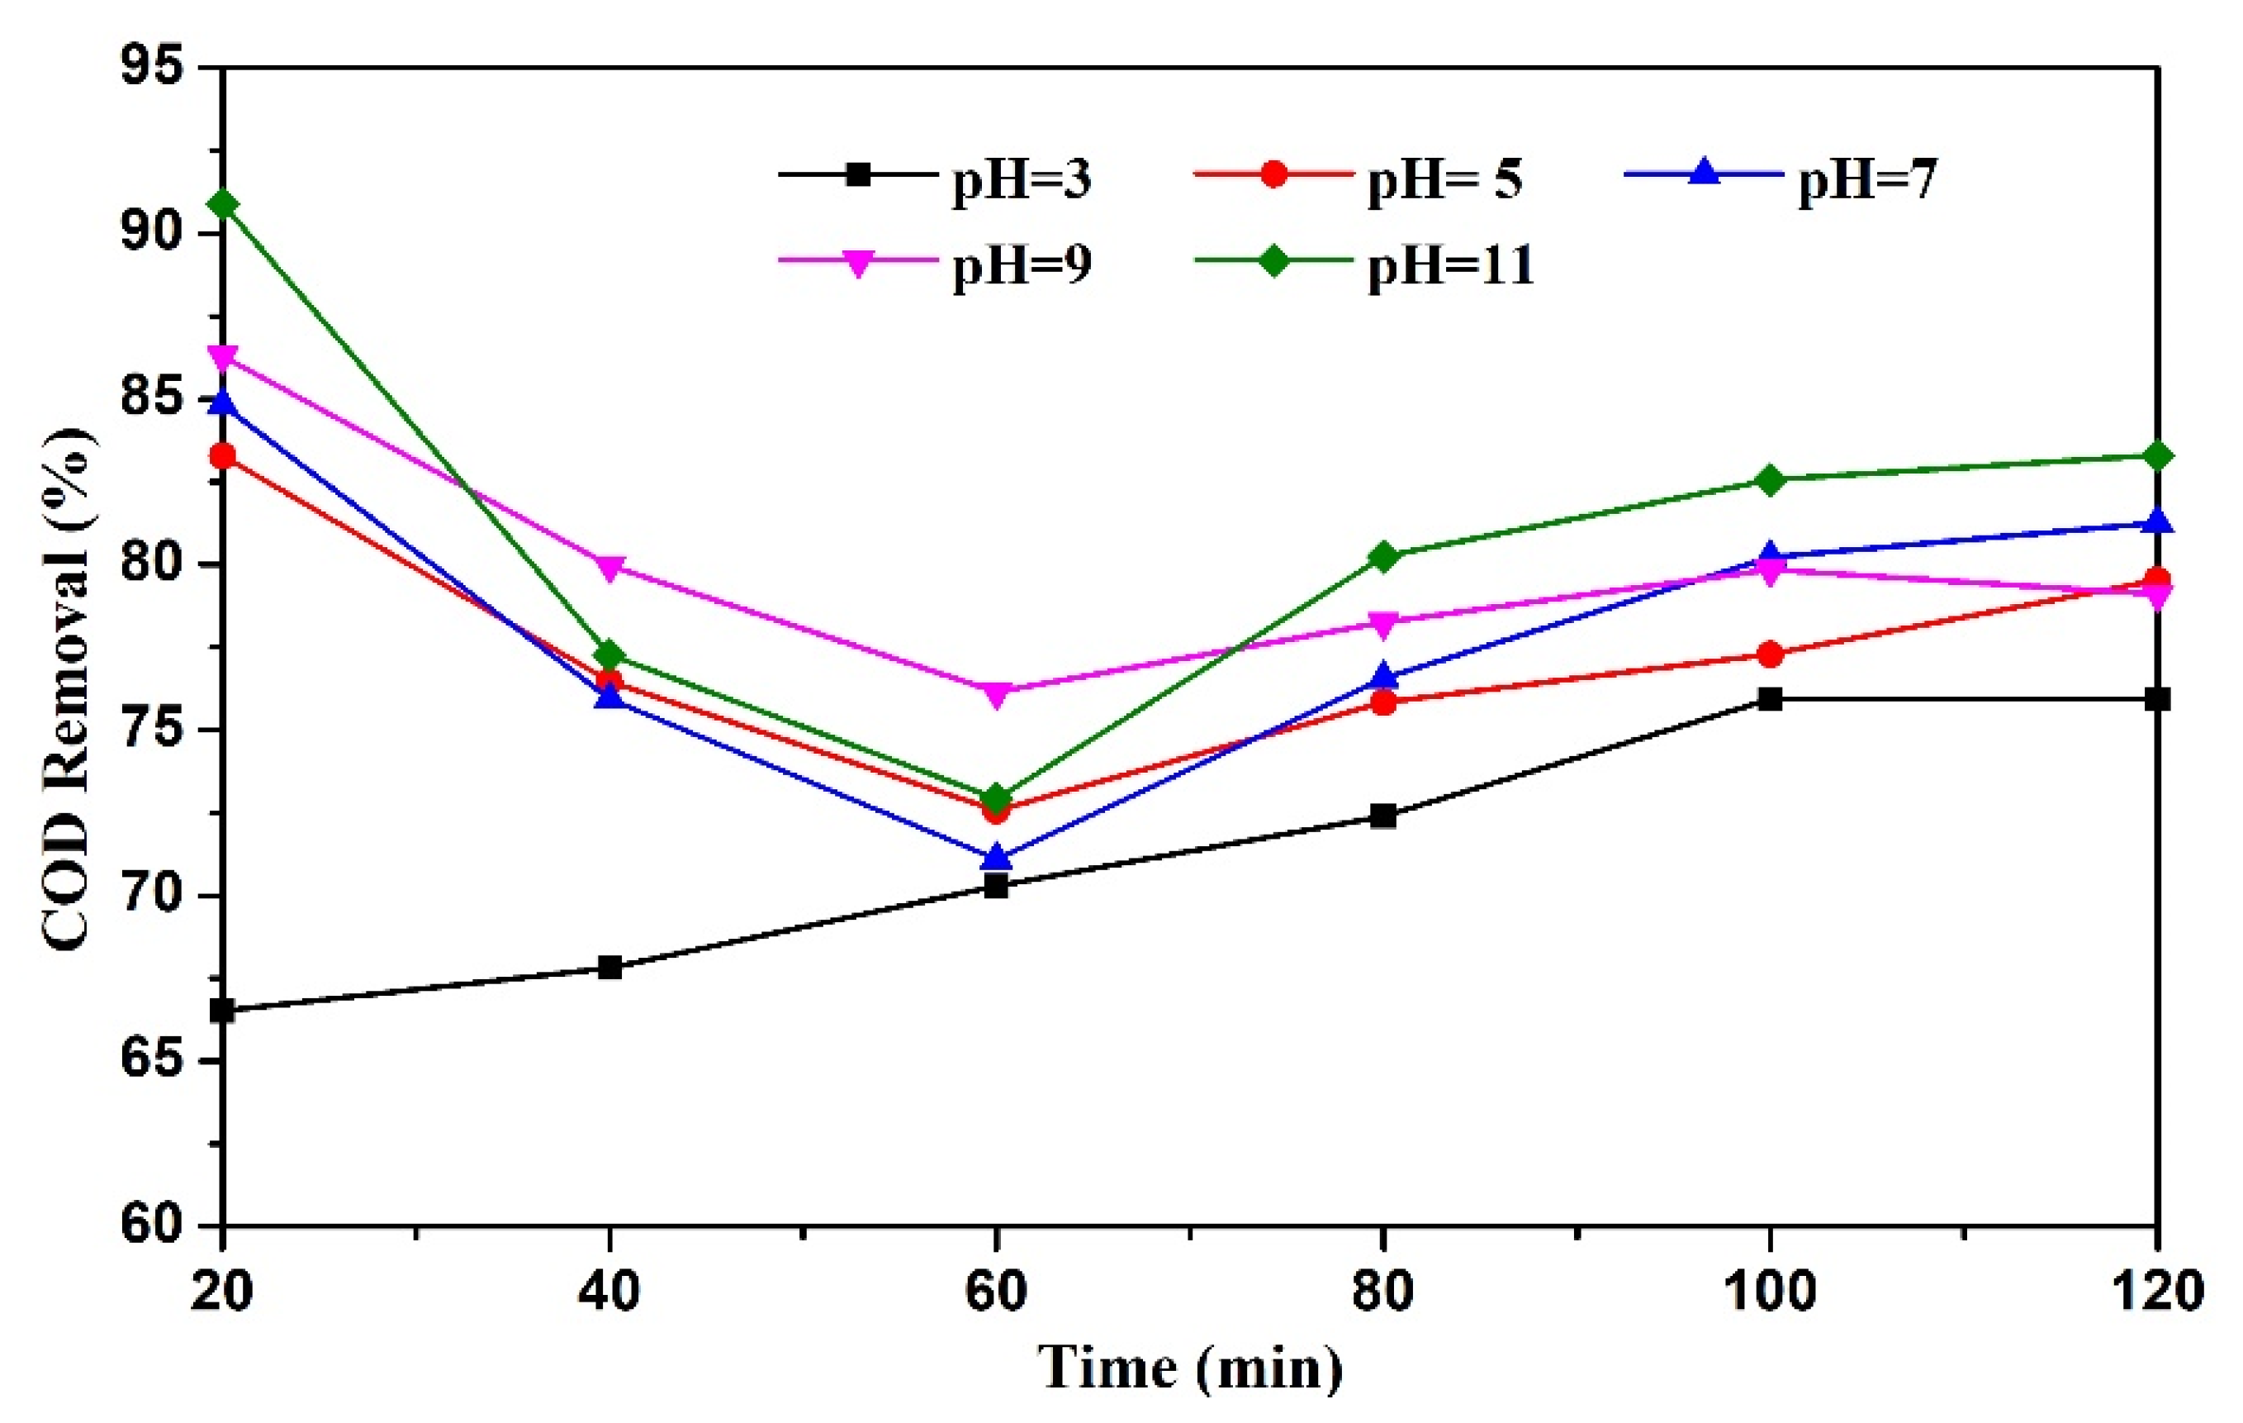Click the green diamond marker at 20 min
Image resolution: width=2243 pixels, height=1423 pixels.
223,204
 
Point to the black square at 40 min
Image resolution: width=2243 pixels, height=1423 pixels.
610,968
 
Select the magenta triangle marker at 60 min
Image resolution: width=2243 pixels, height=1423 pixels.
997,693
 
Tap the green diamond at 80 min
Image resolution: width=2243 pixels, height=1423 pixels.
1383,557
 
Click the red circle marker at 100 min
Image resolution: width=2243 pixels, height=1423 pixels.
1770,654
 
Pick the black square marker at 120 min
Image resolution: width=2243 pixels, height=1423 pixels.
2157,699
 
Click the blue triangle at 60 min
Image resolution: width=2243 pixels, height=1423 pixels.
997,855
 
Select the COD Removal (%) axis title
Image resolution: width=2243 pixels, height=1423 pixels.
67,689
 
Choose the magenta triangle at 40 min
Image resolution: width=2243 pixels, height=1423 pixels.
610,568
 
